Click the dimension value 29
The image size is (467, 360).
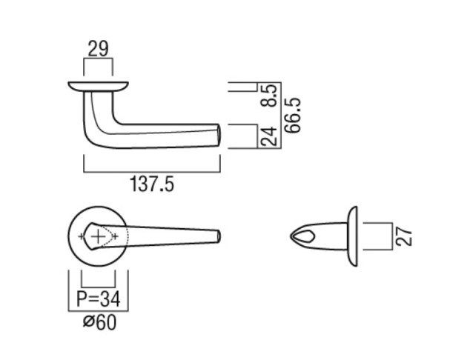click(99, 49)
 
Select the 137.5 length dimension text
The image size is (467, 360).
click(152, 184)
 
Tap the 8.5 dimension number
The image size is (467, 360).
click(268, 96)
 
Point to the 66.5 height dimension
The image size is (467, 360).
click(293, 115)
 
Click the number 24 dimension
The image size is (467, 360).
click(269, 136)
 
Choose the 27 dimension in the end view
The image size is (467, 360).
click(403, 236)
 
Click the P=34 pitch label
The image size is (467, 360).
click(99, 299)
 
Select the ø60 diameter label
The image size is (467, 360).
click(99, 322)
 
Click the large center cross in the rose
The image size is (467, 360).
click(98, 237)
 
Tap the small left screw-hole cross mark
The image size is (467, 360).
click(82, 237)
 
